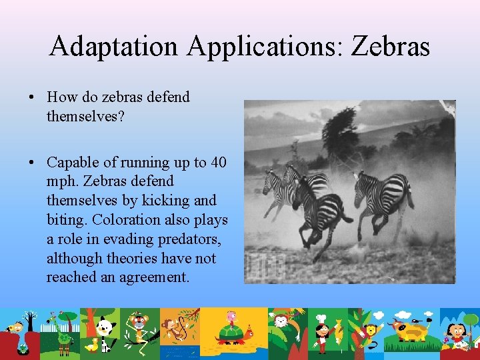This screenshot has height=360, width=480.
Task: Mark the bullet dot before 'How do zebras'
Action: (x=32, y=97)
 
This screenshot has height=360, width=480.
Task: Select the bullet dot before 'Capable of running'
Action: (x=32, y=163)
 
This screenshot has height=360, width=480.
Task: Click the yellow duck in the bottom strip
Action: (x=93, y=345)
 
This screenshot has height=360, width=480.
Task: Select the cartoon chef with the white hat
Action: (x=322, y=330)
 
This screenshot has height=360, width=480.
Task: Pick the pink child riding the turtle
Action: (x=231, y=319)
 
